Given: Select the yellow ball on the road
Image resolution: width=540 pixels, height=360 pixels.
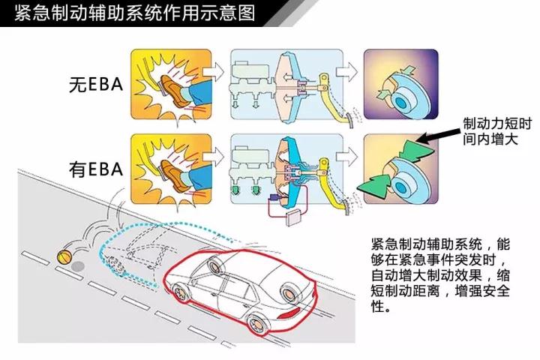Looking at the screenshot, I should tap(66, 255).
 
